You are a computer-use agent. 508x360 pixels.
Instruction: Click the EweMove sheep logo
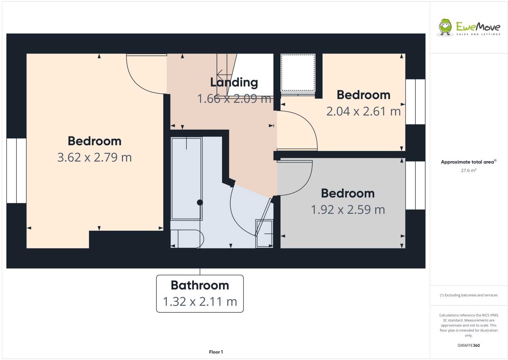click(445, 27)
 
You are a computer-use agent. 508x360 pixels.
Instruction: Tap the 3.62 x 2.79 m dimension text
click(94, 157)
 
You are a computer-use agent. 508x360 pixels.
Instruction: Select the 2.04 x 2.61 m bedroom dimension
click(363, 111)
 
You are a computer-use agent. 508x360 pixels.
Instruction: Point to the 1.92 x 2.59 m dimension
click(348, 210)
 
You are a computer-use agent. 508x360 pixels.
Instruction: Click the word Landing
click(234, 82)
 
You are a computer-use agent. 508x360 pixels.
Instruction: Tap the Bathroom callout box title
click(200, 285)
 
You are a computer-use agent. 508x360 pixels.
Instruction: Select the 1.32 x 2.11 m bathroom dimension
click(200, 302)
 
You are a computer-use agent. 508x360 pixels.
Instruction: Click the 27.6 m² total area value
click(468, 170)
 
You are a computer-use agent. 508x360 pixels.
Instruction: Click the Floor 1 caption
click(216, 352)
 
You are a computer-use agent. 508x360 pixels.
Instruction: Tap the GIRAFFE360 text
click(468, 345)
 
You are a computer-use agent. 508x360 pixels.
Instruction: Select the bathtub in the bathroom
click(186, 178)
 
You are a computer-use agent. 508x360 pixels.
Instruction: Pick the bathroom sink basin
click(264, 234)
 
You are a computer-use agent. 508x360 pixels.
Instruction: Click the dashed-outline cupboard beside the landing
click(298, 73)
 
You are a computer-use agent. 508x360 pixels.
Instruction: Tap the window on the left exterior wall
click(16, 171)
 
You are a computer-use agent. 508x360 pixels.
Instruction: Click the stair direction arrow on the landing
click(224, 74)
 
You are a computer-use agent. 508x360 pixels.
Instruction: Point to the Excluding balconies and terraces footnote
click(468, 295)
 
